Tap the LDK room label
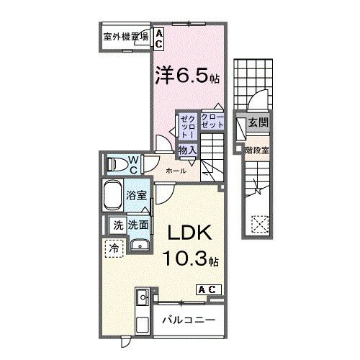(x=189, y=233)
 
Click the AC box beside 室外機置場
(x=158, y=38)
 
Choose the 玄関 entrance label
(x=258, y=124)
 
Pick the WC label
(x=133, y=164)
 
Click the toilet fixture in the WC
(x=114, y=165)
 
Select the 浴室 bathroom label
(x=137, y=195)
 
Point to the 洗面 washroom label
(x=138, y=225)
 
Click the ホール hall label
(x=176, y=171)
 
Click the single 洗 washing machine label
(x=117, y=225)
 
